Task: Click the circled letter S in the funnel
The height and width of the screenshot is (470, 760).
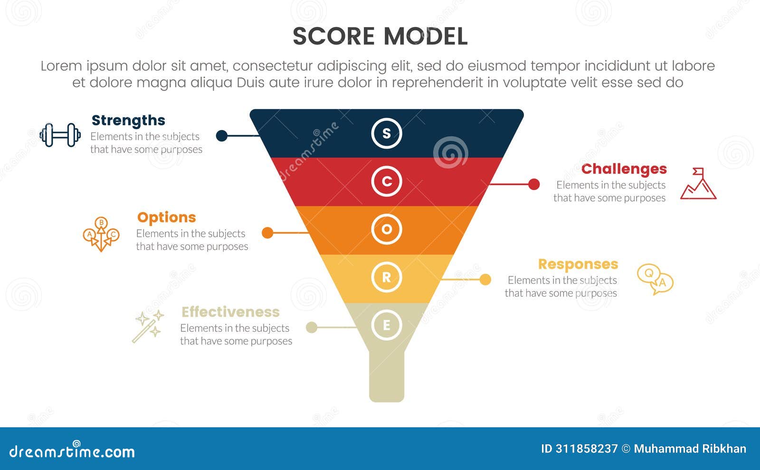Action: (387, 133)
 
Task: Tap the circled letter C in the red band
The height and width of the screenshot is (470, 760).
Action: (387, 181)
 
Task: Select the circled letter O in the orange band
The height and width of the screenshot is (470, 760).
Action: (387, 229)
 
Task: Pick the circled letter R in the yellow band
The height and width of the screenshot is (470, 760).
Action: (387, 277)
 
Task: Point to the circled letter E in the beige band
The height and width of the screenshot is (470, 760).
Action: (387, 325)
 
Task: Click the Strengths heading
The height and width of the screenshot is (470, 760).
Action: (128, 121)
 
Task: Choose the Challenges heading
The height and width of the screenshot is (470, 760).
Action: (624, 169)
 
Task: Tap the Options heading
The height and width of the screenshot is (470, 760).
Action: (166, 217)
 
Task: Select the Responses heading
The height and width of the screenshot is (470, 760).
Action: (578, 264)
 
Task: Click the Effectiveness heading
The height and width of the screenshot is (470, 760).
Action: (230, 312)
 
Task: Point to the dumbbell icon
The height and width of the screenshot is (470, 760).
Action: (60, 135)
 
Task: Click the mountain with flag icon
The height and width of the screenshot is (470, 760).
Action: (698, 184)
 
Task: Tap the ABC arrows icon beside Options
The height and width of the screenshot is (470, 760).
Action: (101, 234)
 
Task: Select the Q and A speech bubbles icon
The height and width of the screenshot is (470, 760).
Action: (655, 280)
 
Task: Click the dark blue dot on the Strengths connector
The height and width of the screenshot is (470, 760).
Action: (221, 136)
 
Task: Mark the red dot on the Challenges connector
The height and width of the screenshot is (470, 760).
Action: (534, 184)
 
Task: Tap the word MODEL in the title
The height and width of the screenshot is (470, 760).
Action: (426, 37)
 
